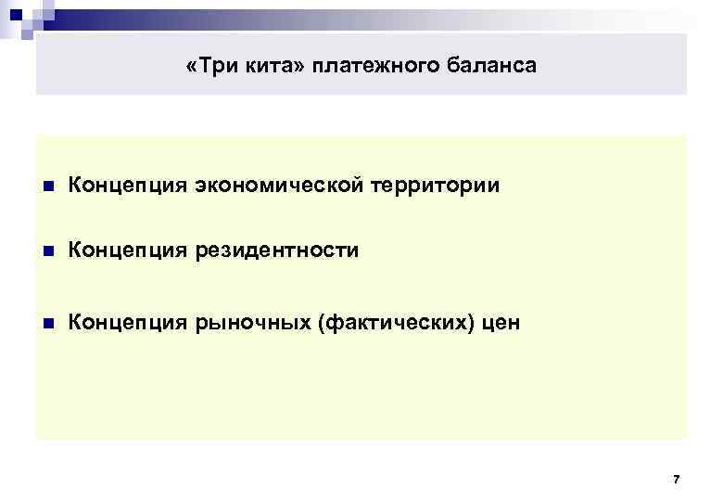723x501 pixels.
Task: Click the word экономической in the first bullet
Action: (279, 186)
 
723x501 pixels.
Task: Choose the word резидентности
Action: (276, 250)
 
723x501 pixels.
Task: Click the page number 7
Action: (676, 480)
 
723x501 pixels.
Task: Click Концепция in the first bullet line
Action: (127, 186)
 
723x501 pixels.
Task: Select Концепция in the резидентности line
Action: (127, 250)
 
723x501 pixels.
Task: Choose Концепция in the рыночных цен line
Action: (127, 323)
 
